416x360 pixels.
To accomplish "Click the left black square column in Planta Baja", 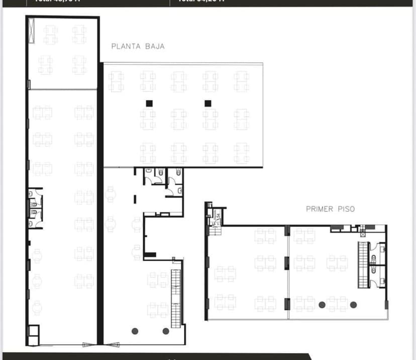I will click(149, 103).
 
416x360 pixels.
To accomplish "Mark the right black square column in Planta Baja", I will click(207, 103).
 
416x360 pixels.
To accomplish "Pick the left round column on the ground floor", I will click(135, 331).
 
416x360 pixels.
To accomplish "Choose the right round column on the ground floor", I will click(166, 331).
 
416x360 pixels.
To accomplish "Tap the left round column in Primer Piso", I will click(322, 304).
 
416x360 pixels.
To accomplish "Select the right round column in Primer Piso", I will click(353, 304).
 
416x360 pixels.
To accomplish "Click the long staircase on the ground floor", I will click(175, 299).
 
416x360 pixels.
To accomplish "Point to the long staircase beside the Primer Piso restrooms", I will click(363, 265).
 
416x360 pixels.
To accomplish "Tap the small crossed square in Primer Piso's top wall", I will click(362, 234).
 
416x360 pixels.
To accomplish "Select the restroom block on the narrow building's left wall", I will click(35, 208).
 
